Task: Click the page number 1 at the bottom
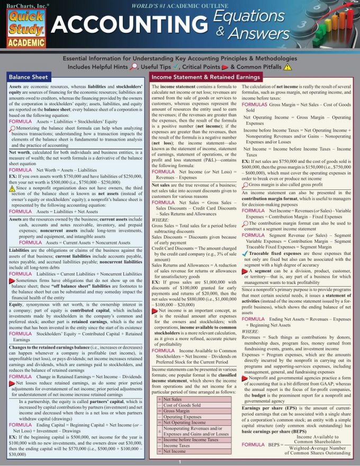(x=180, y=461)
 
